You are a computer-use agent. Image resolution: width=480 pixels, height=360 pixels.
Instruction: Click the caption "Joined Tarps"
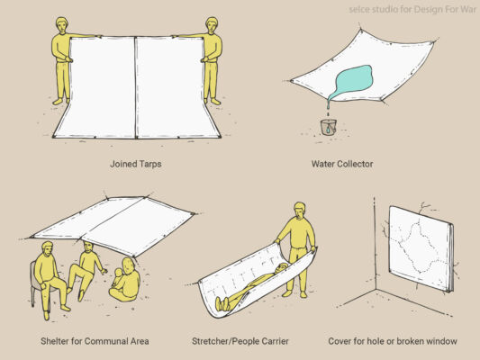click(x=136, y=164)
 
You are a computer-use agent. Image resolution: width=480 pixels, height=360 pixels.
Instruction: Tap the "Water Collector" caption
click(x=342, y=164)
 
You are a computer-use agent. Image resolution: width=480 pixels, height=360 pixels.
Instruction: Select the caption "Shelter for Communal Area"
click(x=95, y=341)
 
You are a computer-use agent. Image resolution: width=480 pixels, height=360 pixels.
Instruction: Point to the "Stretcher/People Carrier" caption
click(x=240, y=341)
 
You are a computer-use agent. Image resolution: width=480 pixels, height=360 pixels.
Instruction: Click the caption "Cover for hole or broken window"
click(x=393, y=341)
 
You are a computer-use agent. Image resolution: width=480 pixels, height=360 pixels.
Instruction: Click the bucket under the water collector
click(x=328, y=127)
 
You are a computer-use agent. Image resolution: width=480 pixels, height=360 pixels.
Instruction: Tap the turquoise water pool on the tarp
click(x=352, y=82)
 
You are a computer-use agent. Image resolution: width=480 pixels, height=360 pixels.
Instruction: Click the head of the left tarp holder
click(x=62, y=25)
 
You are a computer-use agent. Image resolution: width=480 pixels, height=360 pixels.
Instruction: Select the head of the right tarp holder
click(x=212, y=25)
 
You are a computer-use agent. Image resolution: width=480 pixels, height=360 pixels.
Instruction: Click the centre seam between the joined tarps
click(x=135, y=87)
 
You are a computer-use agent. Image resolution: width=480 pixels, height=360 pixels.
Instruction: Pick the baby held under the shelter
click(x=118, y=278)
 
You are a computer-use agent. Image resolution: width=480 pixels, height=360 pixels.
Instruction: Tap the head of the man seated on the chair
click(x=47, y=249)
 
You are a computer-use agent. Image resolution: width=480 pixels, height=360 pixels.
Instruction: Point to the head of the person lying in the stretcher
click(x=282, y=267)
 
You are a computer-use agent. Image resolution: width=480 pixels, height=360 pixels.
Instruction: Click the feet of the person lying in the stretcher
click(x=222, y=303)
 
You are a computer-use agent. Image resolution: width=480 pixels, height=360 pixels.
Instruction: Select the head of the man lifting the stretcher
click(x=300, y=210)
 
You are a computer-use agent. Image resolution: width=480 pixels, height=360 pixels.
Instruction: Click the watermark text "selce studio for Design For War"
click(x=412, y=10)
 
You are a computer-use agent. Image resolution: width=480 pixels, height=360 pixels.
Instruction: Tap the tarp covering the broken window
click(x=421, y=248)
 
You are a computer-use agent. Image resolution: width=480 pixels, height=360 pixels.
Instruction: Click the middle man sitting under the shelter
click(x=86, y=269)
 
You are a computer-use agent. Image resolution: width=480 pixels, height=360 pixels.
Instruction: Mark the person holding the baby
click(x=127, y=280)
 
